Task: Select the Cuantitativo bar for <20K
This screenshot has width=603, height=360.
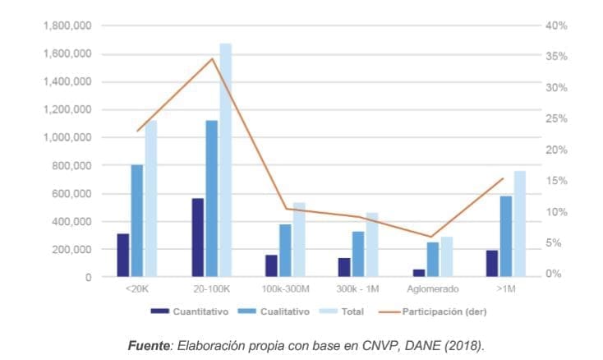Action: coord(123,256)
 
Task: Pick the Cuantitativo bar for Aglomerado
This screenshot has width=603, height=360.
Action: coord(419,273)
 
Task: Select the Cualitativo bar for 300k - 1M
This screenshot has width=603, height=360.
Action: coord(359,254)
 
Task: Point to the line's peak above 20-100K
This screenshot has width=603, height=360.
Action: coord(212,58)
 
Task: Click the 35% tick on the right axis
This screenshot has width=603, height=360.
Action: coord(556,57)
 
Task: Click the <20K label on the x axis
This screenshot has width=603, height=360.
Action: coord(136,289)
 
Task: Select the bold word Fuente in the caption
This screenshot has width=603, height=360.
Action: coord(148,345)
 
